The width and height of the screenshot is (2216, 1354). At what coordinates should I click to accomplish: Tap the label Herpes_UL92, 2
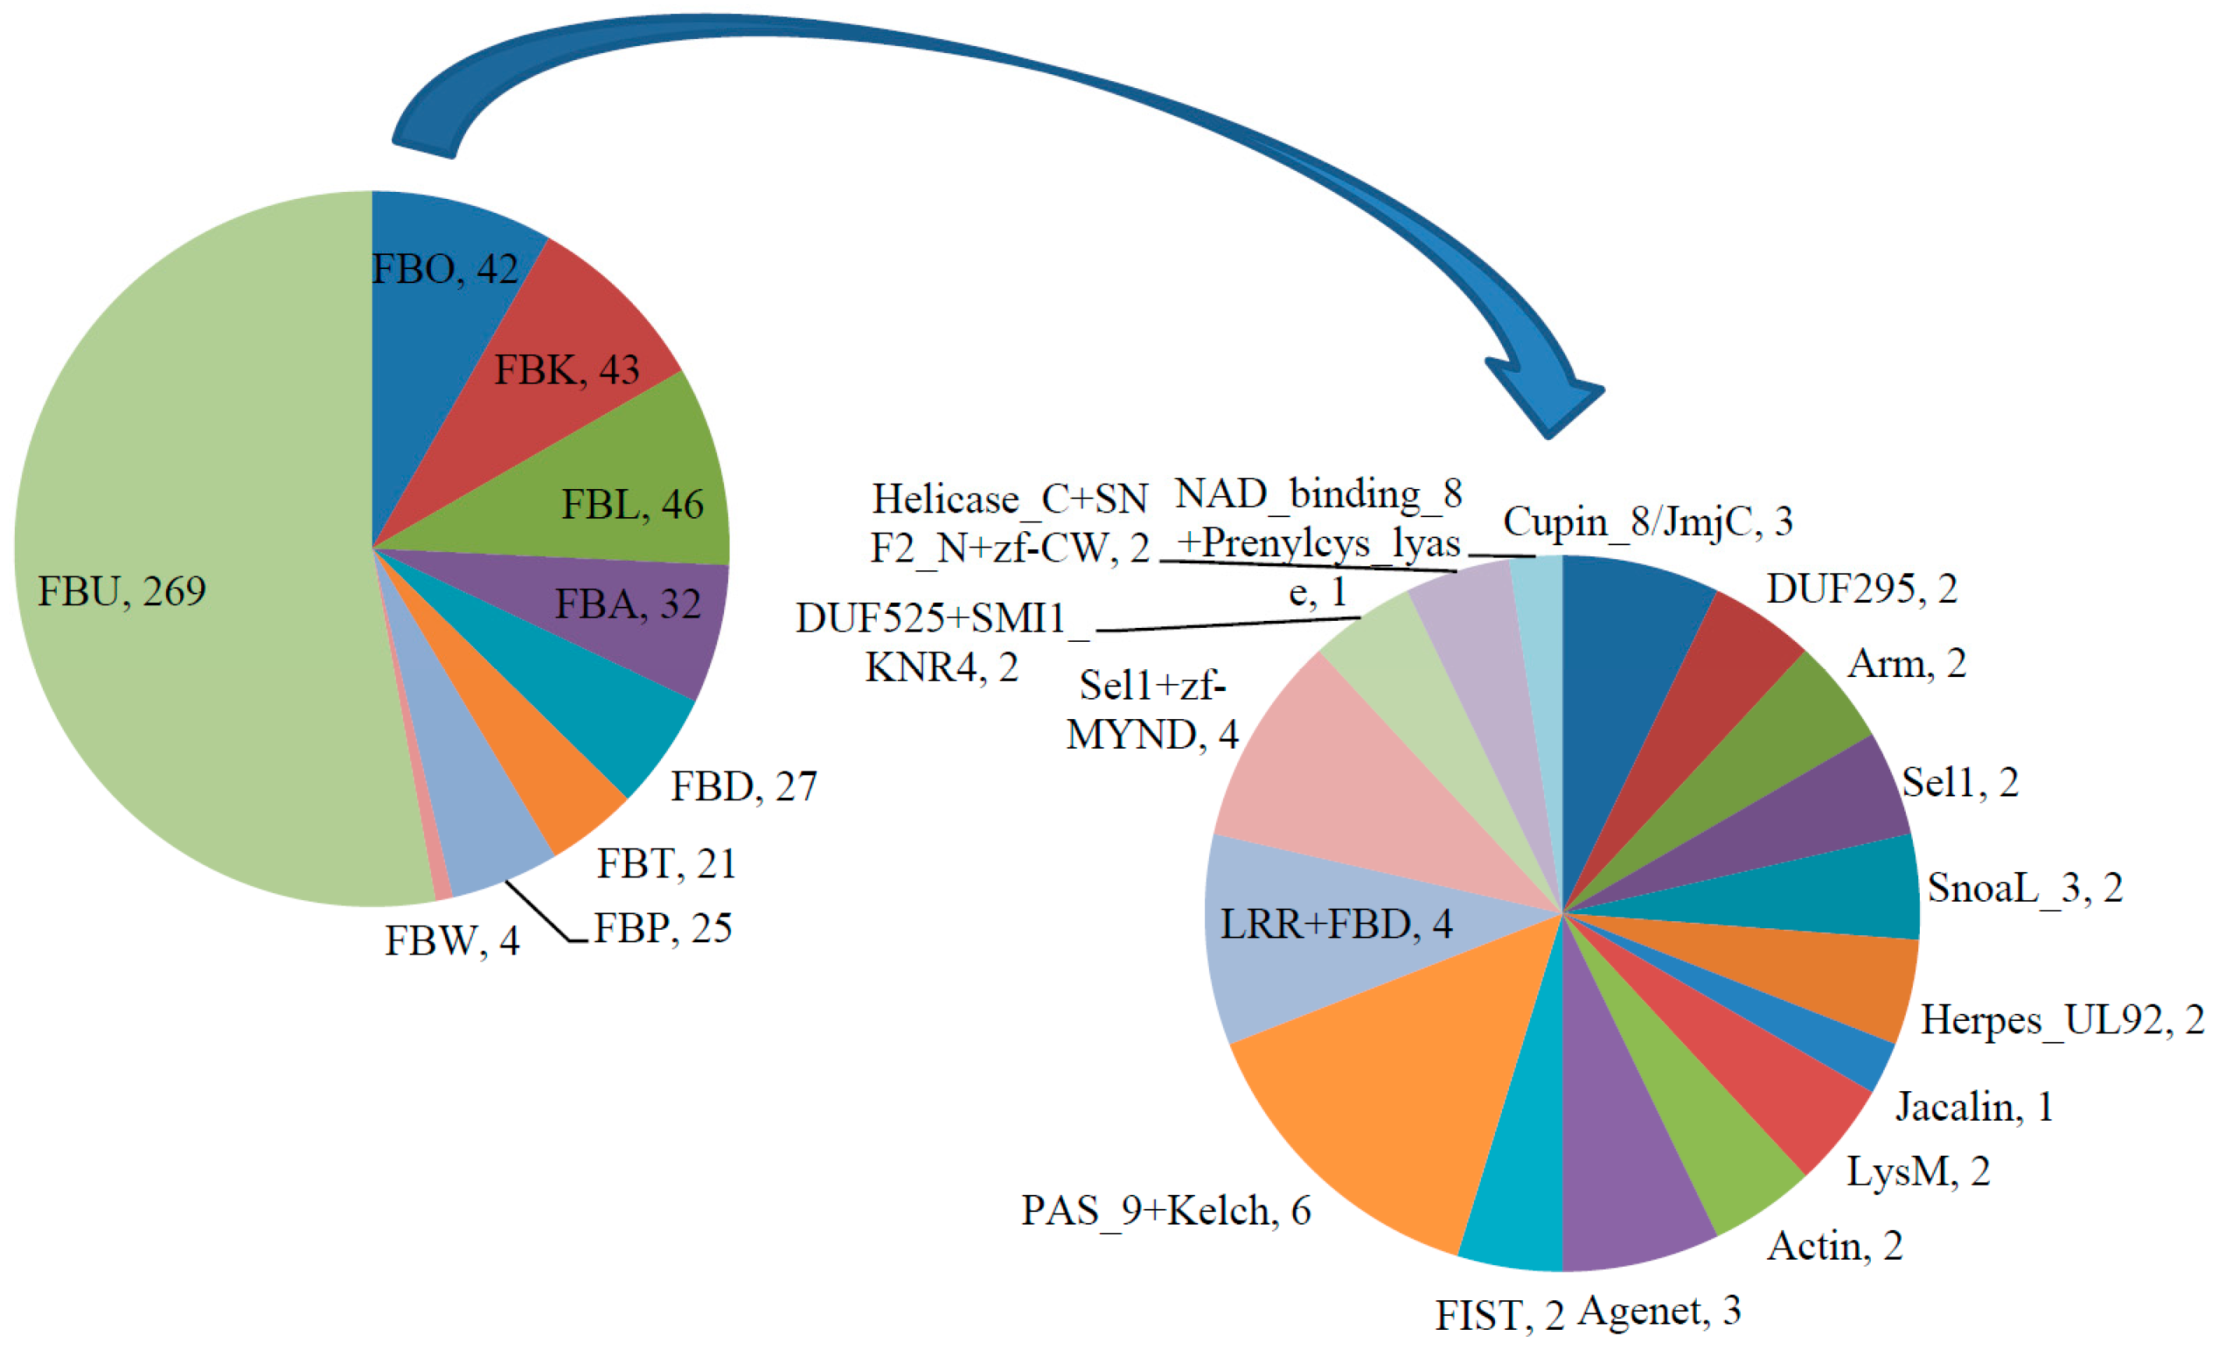pyautogui.click(x=2062, y=1020)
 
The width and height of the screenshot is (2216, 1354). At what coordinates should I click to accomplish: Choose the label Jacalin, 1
pyautogui.click(x=1975, y=1107)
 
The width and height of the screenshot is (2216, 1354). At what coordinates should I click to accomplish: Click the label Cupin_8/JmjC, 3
pyautogui.click(x=1648, y=522)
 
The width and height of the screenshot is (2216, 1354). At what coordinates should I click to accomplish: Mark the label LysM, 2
pyautogui.click(x=1917, y=1171)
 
